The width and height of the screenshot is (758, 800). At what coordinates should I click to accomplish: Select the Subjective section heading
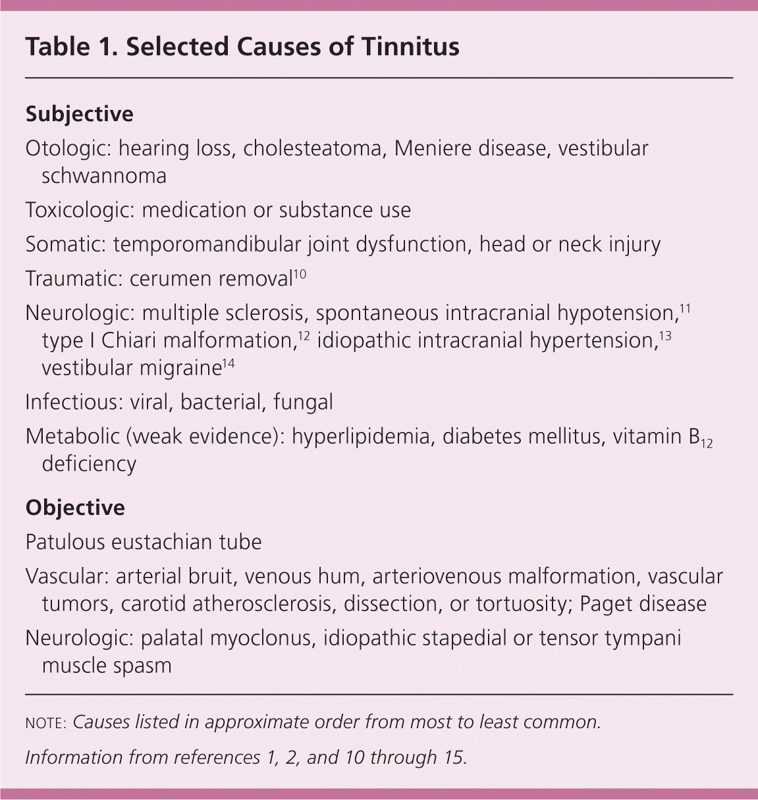[x=79, y=114]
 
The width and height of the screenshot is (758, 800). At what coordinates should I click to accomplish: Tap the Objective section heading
[x=74, y=508]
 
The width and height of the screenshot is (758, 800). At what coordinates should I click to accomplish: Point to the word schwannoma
[x=103, y=176]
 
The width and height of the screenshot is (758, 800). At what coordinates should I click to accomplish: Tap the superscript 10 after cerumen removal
[x=299, y=273]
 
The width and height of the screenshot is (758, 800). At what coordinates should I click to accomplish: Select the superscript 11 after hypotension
[x=685, y=307]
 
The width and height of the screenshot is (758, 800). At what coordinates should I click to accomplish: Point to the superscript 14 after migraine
[x=227, y=363]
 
